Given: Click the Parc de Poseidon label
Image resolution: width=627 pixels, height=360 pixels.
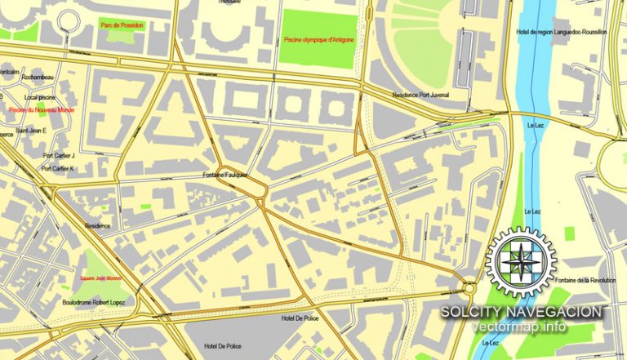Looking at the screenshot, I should tap(121, 25).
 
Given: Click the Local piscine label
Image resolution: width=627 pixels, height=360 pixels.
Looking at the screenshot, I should tap(39, 96).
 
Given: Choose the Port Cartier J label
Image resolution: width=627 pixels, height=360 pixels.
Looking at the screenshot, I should tap(58, 155).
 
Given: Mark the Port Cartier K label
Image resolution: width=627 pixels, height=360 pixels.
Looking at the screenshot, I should tap(58, 169).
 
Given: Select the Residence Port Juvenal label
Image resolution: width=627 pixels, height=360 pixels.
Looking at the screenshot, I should tap(420, 95).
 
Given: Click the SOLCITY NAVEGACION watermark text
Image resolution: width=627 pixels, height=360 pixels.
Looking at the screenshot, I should tap(522, 312).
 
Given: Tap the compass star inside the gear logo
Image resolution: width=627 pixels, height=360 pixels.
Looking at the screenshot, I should tap(521, 263).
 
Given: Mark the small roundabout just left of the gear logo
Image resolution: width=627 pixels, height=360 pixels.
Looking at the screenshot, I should tap(469, 287).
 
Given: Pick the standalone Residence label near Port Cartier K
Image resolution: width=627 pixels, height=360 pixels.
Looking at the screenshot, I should tap(97, 226).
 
